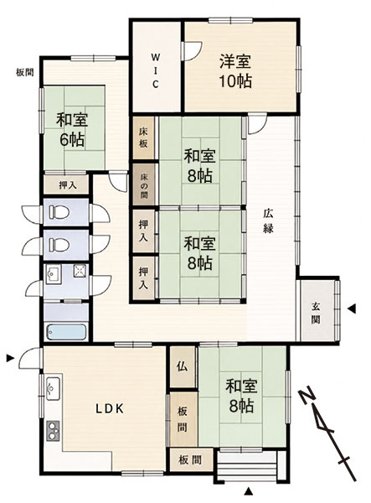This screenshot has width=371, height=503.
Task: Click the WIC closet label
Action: click(155, 71)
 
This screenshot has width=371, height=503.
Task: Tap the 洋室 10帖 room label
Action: click(235, 71)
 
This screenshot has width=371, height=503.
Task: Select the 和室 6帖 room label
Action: click(72, 130)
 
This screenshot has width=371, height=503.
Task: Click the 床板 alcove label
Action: click(143, 137)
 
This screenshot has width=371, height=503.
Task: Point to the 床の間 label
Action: click(143, 185)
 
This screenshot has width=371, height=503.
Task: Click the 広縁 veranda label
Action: click(268, 221)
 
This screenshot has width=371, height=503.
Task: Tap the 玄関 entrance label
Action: click(316, 313)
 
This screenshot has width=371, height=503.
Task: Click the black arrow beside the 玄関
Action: click(352, 309)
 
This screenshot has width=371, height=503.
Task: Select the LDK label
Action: click(110, 408)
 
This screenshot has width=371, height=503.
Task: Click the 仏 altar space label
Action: click(183, 366)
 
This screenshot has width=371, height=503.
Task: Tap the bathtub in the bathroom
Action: click(66, 332)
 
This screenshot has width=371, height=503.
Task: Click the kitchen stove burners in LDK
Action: click(53, 430)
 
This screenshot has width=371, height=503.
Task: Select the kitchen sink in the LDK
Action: click(53, 388)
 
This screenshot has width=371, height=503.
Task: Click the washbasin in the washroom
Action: click(51, 275)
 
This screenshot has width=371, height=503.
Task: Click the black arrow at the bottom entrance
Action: click(248, 491)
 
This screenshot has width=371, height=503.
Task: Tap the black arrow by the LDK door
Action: click(11, 358)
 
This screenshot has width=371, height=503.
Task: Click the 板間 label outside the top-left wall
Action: click(25, 72)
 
